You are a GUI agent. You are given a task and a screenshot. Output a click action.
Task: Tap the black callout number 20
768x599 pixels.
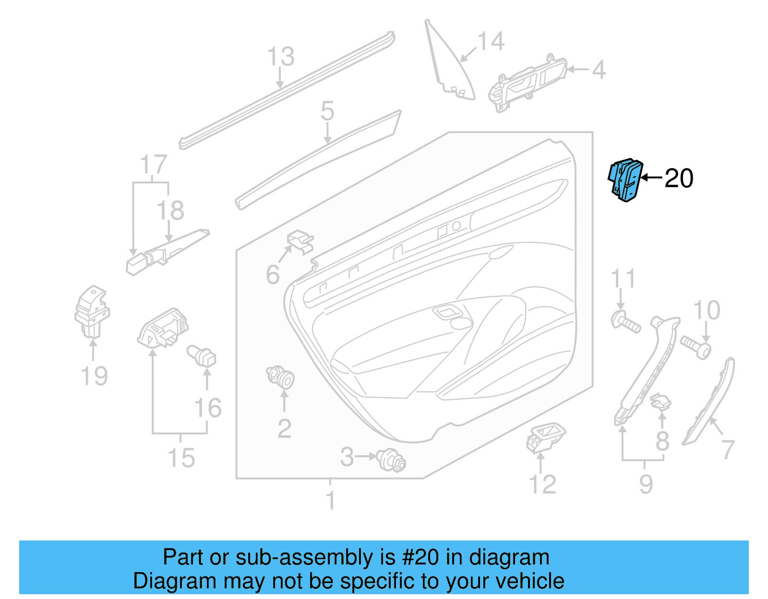[679, 178]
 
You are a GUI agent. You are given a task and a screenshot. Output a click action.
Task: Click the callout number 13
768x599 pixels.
[280, 57]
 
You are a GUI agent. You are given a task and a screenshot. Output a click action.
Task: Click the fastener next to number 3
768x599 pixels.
[392, 461]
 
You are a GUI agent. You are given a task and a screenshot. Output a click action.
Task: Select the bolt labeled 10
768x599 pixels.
[695, 347]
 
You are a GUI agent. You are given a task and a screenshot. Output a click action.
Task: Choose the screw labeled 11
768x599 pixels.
[625, 321]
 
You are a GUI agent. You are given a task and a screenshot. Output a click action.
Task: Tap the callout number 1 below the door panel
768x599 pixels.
[330, 501]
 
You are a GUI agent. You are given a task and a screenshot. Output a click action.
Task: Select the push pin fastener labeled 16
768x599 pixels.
[203, 356]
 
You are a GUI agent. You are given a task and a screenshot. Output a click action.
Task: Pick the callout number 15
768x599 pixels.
[181, 458]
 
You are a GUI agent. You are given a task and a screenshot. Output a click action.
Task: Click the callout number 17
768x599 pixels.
[153, 164]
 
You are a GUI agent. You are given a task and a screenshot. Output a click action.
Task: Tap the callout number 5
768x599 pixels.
[327, 111]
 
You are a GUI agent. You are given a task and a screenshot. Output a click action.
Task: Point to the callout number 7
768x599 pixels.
[728, 450]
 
